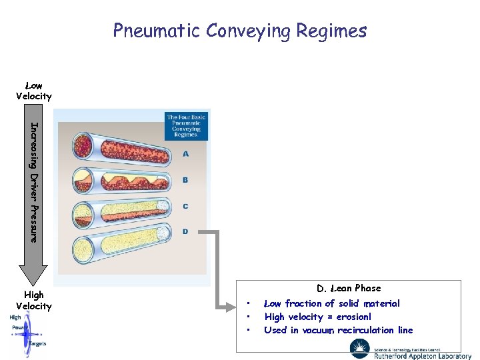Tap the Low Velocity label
click(x=33, y=91)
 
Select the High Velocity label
click(x=33, y=300)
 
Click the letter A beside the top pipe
click(x=185, y=154)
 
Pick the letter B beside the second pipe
click(x=185, y=180)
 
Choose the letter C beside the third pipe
click(x=185, y=206)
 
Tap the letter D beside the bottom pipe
click(x=185, y=231)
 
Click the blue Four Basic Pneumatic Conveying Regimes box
click(x=187, y=126)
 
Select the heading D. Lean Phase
click(x=349, y=288)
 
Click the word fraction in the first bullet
click(x=304, y=303)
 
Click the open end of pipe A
click(x=84, y=145)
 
